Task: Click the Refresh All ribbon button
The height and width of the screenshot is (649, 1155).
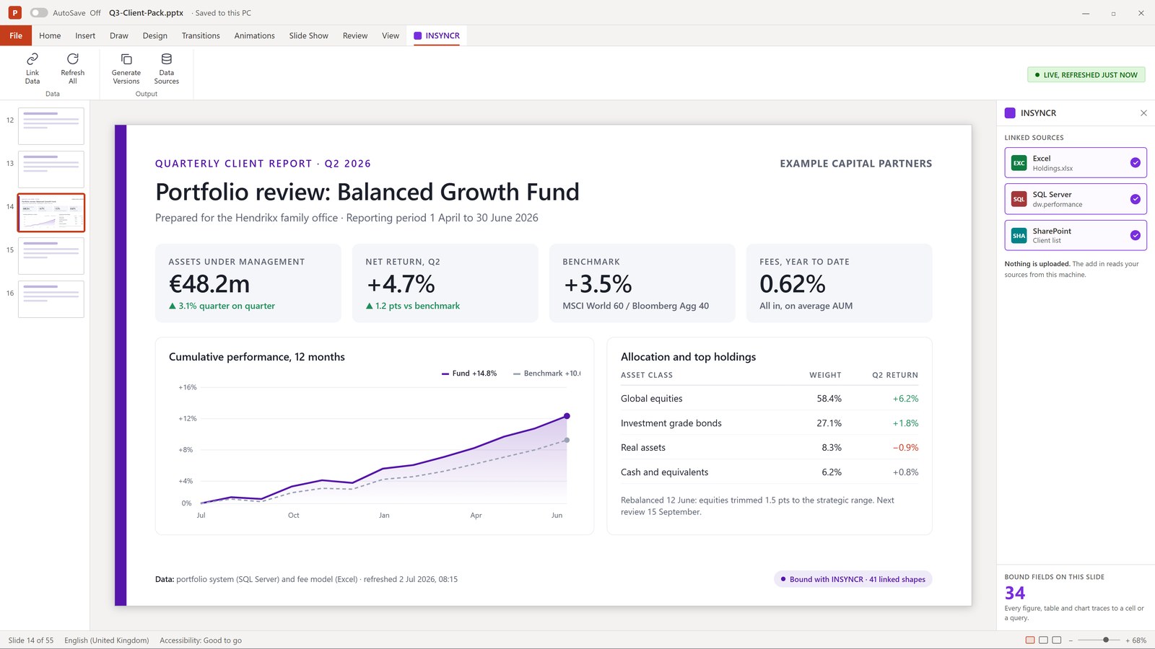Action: [x=73, y=68]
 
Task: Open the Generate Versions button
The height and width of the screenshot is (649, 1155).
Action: [x=126, y=68]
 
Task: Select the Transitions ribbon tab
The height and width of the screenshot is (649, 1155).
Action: [x=201, y=35]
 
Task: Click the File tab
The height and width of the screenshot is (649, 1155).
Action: [x=15, y=35]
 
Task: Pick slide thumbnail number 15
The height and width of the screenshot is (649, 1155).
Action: [x=51, y=256]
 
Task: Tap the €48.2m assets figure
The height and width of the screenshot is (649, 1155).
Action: [x=209, y=284]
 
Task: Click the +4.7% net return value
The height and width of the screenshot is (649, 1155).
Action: [x=401, y=284]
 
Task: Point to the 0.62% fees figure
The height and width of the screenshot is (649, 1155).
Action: [x=792, y=284]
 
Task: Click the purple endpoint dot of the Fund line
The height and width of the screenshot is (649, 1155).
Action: [x=567, y=415]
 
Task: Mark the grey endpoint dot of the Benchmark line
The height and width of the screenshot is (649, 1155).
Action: [x=567, y=440]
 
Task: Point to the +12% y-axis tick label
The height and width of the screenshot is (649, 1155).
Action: [x=187, y=418]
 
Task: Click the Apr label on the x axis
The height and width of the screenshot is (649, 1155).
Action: [x=476, y=515]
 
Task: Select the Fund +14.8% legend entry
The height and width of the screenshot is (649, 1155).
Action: [x=469, y=374]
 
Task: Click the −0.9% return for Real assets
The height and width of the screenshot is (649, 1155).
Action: [x=905, y=447]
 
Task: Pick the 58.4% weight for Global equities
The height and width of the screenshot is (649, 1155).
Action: [x=829, y=398]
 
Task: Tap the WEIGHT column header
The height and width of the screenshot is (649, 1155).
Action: [x=825, y=375]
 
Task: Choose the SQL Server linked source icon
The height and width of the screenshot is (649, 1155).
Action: [x=1019, y=199]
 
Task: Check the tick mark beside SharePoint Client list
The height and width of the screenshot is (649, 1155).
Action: [x=1135, y=235]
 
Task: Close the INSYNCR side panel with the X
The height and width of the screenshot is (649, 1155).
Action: [x=1143, y=112]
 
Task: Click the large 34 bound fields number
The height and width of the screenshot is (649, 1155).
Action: [x=1014, y=593]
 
